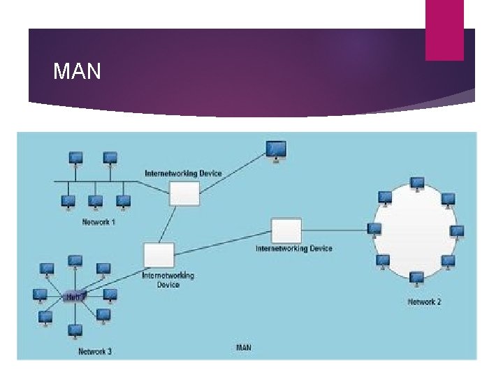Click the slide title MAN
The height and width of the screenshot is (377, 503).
tap(77, 71)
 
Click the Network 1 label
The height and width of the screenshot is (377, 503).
tap(99, 222)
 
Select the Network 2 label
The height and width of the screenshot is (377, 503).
tap(424, 302)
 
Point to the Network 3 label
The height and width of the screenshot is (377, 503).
tap(94, 351)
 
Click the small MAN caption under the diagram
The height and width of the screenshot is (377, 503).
tap(244, 347)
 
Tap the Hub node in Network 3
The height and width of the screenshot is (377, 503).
tap(74, 297)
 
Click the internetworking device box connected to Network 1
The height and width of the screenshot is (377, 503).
tap(184, 193)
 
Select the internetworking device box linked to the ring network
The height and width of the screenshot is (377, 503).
tap(286, 230)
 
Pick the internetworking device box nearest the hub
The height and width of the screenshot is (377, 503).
tap(159, 255)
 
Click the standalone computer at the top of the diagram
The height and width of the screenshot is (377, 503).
tap(277, 150)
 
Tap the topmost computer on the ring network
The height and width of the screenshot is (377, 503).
tap(417, 184)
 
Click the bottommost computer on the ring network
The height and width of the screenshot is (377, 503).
tap(417, 278)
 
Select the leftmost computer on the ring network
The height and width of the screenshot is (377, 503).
tap(374, 230)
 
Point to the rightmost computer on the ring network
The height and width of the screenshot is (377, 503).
tap(458, 231)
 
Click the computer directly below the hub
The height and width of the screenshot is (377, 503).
tap(75, 330)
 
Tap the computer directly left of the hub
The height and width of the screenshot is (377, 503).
tap(41, 295)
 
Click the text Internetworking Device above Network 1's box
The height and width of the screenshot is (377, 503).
tap(183, 173)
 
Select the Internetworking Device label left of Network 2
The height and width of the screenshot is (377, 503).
tap(294, 249)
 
